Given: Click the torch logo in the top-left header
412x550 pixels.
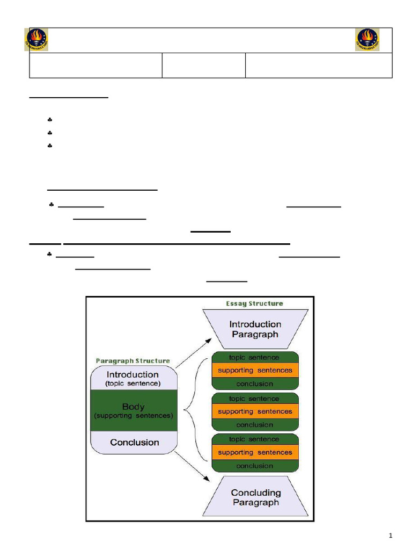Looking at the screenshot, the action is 36,40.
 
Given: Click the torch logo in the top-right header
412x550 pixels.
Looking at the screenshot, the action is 367,40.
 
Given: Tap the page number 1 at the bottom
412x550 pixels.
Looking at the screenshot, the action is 391,535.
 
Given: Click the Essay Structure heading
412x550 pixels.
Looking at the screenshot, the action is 254,303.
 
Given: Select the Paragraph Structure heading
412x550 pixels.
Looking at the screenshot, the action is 133,360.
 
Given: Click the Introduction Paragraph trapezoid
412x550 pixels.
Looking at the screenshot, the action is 255,329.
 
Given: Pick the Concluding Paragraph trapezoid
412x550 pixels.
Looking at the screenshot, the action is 256,496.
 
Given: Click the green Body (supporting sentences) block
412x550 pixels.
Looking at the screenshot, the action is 134,410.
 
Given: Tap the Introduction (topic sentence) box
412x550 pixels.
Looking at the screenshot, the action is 134,378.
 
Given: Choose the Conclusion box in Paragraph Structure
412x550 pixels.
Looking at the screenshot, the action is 134,443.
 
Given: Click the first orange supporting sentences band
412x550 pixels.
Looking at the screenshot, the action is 255,371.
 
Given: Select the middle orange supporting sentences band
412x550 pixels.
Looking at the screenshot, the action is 255,411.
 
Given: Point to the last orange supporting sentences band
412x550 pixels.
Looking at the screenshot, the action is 255,452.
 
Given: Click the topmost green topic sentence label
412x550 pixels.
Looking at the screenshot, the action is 254,357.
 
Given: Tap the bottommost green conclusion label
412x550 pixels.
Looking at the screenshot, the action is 255,466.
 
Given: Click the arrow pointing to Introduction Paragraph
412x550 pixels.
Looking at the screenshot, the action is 193,353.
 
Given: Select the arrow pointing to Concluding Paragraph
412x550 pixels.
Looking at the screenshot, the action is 192,467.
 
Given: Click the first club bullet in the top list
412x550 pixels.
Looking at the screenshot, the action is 50,120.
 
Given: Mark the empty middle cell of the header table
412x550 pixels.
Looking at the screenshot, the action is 203,65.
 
